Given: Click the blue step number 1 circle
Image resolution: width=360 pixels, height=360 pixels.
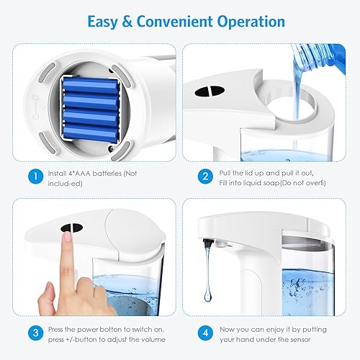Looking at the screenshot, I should click(34, 174).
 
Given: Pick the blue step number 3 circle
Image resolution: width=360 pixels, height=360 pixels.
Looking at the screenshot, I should click(34, 333).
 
